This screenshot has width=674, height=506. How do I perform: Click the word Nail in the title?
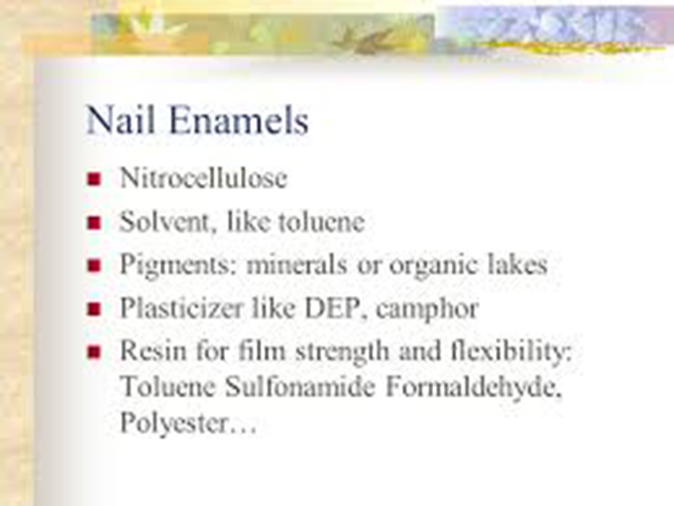(120, 119)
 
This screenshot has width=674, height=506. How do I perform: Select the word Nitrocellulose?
(203, 177)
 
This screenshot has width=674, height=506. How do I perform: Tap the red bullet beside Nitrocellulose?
(94, 178)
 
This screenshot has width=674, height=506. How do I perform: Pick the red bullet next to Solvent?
(94, 222)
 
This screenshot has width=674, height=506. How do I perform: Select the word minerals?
(296, 264)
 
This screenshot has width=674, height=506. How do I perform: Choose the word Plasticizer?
(181, 308)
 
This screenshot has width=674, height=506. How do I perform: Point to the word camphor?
(427, 309)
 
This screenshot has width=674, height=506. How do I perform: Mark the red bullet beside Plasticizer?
(94, 309)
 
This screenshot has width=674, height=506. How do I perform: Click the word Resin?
(153, 350)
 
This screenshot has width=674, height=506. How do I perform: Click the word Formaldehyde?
(473, 388)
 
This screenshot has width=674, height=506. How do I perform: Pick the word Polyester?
(173, 422)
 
